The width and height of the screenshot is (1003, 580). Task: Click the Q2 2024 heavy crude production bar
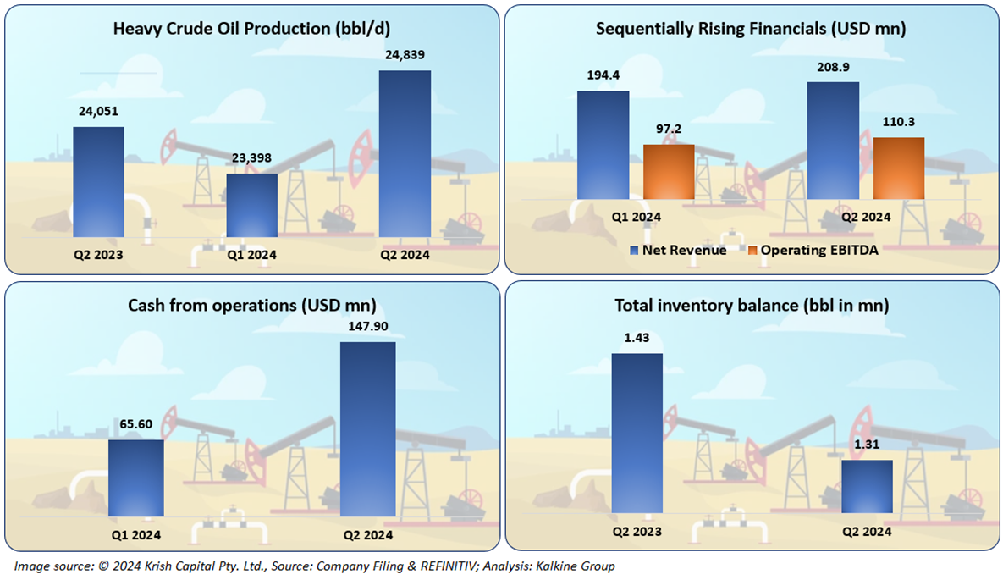click(x=405, y=152)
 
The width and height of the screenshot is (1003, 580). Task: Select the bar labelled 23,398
click(x=251, y=204)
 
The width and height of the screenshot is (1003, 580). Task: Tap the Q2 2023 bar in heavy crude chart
click(x=98, y=181)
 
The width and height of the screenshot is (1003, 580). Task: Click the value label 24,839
click(x=404, y=55)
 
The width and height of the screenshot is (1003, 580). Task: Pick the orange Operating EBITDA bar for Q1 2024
click(x=669, y=172)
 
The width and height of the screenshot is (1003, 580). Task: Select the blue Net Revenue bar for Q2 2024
click(x=833, y=141)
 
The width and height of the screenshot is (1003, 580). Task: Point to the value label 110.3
click(x=898, y=122)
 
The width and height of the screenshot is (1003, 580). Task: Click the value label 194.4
click(x=603, y=75)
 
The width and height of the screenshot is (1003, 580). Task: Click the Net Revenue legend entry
click(x=678, y=250)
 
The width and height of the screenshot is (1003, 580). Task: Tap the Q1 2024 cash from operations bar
click(x=135, y=478)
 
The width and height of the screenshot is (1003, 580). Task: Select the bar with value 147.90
click(x=367, y=428)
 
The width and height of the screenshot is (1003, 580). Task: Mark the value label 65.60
click(x=135, y=423)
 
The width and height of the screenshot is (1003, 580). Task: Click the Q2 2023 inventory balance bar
click(x=637, y=432)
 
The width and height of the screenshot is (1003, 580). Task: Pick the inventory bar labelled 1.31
click(x=867, y=486)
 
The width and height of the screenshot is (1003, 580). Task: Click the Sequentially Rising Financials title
click(x=751, y=28)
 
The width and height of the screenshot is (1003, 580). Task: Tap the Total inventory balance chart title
click(x=751, y=305)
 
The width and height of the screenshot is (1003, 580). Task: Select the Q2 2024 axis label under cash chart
click(x=367, y=534)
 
